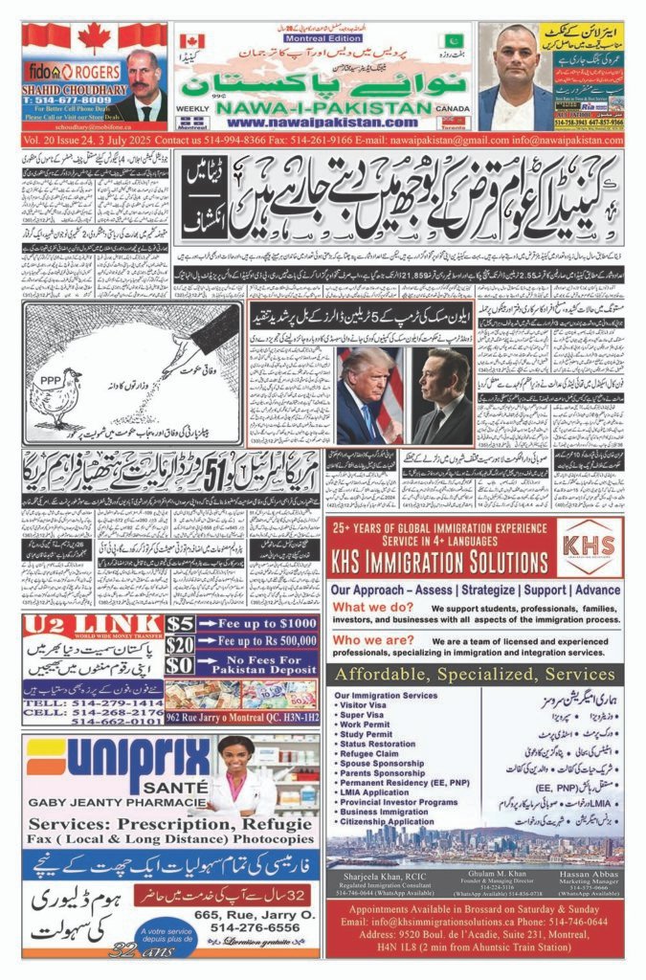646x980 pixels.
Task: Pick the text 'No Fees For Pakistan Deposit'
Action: [x=258, y=665]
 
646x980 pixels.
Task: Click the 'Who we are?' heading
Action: [x=368, y=642]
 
